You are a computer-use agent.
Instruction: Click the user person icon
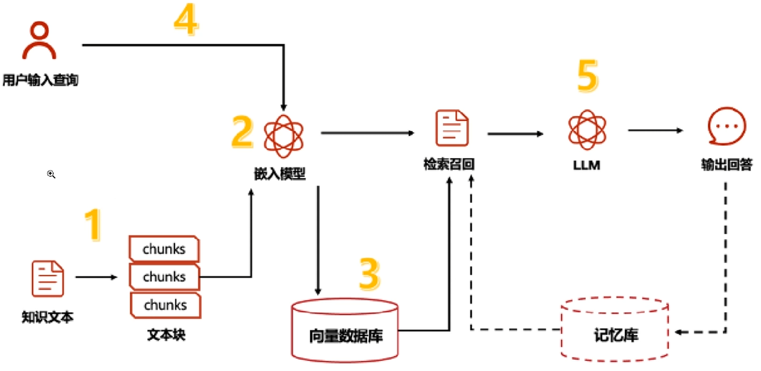(x=39, y=40)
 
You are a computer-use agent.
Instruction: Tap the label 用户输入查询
(x=40, y=81)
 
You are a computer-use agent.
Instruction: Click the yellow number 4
(x=186, y=19)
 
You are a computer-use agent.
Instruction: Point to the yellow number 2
(x=242, y=132)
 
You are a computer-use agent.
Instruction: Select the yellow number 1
(x=93, y=225)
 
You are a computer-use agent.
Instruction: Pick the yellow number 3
(x=370, y=274)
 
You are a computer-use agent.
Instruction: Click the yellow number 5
(x=588, y=76)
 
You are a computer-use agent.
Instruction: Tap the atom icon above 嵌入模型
(x=284, y=136)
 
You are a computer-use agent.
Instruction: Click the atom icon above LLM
(x=587, y=130)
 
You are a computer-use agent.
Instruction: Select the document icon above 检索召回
(x=452, y=128)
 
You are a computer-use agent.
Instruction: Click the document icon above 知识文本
(x=48, y=279)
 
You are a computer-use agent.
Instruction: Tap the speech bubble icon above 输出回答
(x=727, y=127)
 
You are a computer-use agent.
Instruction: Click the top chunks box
(x=164, y=249)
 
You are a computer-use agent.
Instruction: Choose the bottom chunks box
(x=165, y=305)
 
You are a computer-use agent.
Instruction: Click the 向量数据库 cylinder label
(x=346, y=336)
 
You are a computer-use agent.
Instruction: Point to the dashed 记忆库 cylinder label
(x=616, y=335)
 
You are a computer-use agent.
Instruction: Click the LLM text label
(x=586, y=165)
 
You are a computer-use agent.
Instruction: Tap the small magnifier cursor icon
(x=51, y=174)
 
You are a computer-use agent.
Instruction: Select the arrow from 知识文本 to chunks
(x=96, y=277)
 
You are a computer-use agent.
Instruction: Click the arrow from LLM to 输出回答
(x=655, y=130)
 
